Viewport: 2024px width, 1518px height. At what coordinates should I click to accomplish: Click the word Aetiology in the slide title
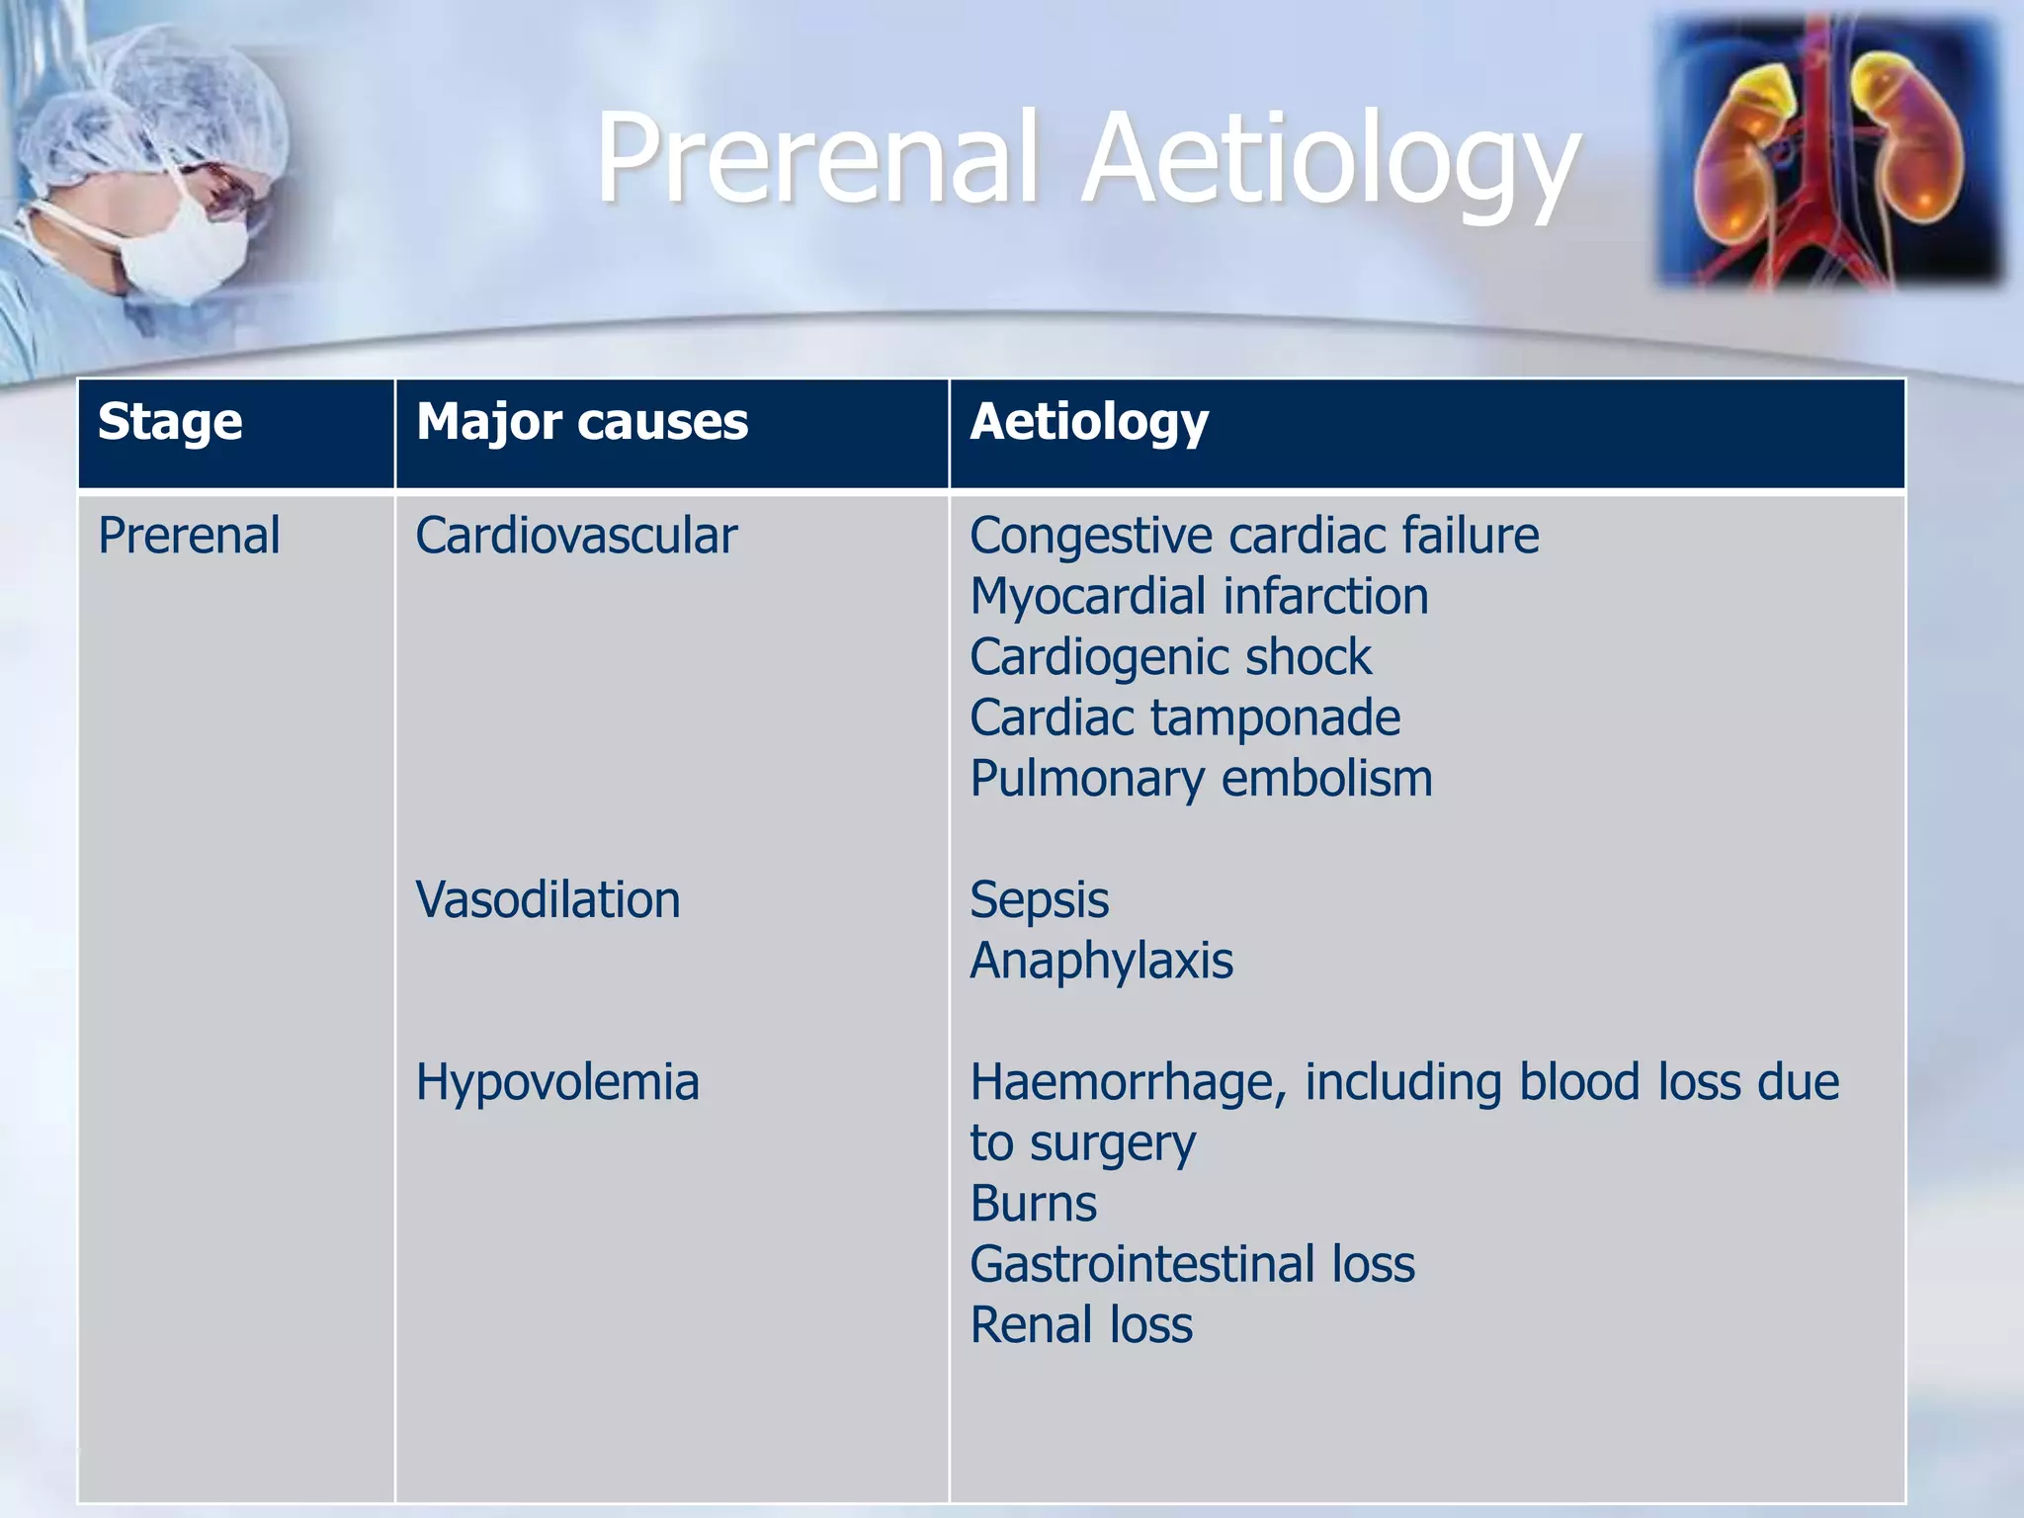coord(1329,163)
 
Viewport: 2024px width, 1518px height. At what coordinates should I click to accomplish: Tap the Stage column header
coord(170,423)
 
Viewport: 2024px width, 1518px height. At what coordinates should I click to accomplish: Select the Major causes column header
coord(582,423)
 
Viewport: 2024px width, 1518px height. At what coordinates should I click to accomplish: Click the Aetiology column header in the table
coord(1088,423)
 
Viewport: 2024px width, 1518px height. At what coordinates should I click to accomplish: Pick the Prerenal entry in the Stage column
coord(189,536)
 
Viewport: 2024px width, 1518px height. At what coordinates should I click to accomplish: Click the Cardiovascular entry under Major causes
coord(576,536)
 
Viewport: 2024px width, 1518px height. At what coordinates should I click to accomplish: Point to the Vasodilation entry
coord(548,900)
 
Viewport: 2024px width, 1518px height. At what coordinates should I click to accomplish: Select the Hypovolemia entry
coord(557,1082)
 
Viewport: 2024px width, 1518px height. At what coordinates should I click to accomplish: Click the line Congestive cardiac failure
coord(1254,536)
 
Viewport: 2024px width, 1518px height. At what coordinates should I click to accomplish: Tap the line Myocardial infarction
coord(1199,597)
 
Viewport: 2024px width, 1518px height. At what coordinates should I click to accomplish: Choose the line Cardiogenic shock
coord(1170,657)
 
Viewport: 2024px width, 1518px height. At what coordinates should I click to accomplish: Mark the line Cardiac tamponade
coord(1185,718)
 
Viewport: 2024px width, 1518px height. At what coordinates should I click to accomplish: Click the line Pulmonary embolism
coord(1201,779)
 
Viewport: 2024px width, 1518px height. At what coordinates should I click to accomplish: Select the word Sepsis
coord(1039,900)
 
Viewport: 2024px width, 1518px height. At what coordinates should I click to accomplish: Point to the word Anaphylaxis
coord(1101,961)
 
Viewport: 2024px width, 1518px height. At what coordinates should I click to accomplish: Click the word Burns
coord(1033,1204)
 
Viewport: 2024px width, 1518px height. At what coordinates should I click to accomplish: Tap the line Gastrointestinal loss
coord(1192,1265)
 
